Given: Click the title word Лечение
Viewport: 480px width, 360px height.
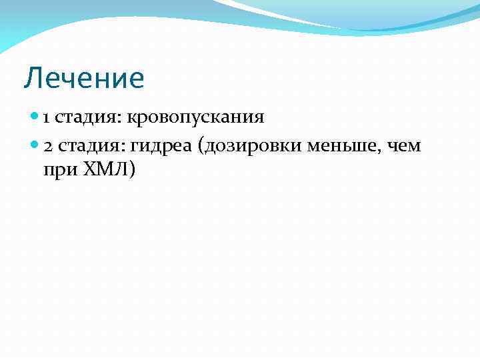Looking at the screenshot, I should [x=84, y=79].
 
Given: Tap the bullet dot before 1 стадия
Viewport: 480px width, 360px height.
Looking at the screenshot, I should [x=35, y=118].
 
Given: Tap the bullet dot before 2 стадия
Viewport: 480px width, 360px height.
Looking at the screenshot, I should [x=35, y=146].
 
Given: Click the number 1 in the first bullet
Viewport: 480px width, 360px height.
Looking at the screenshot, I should [x=46, y=119].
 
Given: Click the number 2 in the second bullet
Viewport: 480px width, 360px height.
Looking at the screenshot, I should [x=47, y=146].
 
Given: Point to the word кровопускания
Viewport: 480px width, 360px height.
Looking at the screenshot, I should [x=197, y=119].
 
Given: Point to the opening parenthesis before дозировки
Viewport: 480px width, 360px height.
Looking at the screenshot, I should [x=202, y=147].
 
